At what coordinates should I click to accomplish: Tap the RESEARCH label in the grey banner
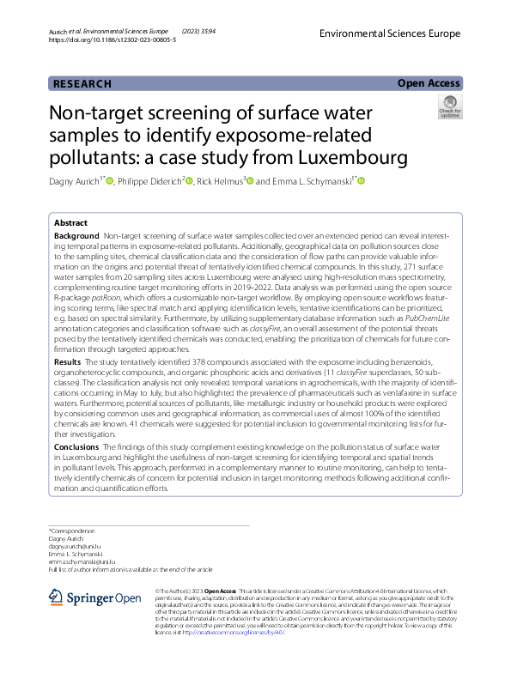[x=82, y=84]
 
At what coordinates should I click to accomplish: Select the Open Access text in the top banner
[x=429, y=83]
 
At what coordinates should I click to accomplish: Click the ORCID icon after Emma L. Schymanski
[x=361, y=181]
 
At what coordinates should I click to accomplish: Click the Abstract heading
[x=70, y=222]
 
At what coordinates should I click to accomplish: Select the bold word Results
[x=69, y=389]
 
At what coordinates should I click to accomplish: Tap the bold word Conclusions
[x=76, y=447]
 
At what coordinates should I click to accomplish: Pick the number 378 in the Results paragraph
[x=178, y=389]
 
